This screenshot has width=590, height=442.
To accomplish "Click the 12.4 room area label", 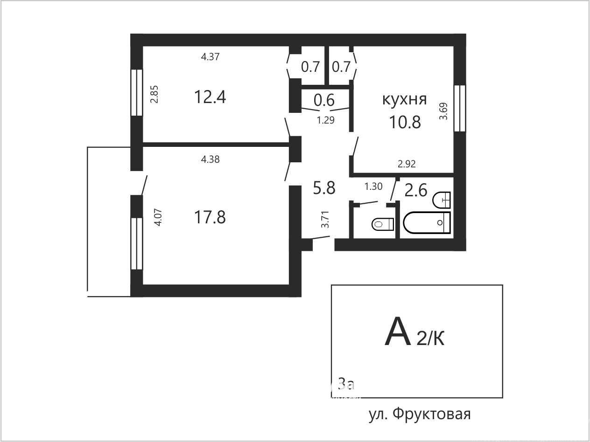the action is coord(210,97).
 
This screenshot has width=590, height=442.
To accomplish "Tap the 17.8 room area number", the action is coord(210,217).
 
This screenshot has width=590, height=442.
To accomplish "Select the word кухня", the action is coord(405,99).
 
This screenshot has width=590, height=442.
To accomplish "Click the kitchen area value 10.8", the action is coord(405,122).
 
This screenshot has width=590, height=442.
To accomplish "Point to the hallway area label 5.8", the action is coord(324,188).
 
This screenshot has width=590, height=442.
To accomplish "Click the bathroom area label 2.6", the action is coord(416,190).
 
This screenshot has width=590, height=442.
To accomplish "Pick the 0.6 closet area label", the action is coord(324,100).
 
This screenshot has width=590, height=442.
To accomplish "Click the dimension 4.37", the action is coord(210,56).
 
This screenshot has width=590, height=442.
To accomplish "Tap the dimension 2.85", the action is coord(155,94).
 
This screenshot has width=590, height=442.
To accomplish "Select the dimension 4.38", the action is coord(210,159).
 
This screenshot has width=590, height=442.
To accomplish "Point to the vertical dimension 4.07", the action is coord(158,217).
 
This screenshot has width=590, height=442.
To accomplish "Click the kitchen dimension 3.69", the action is coord(443,111).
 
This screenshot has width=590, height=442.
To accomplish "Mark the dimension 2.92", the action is coord(407,164).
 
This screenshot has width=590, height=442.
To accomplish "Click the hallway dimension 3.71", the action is coord(325,220).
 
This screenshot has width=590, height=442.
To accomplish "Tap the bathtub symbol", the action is coord(427,223).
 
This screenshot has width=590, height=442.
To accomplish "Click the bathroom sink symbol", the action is coord(442,200).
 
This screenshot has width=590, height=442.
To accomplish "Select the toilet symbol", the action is coord(383,224).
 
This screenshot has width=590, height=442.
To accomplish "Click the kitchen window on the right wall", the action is coord(460,108).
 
